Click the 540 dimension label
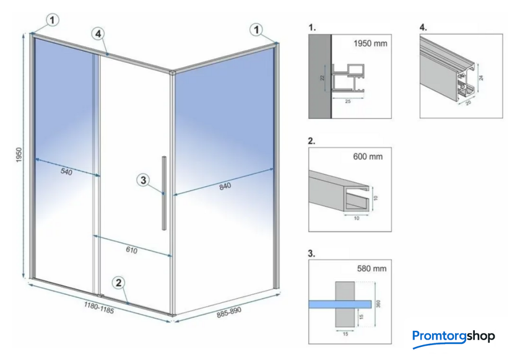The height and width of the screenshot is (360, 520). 66,172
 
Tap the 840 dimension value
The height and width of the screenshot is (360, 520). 225,187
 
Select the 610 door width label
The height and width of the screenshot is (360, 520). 131,250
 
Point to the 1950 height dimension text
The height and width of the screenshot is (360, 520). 19,155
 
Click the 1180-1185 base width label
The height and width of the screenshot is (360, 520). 99,307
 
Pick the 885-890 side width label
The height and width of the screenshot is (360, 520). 229,312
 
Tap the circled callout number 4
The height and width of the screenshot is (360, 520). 98,33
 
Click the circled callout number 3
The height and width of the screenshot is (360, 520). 143,180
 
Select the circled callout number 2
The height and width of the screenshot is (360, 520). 118,283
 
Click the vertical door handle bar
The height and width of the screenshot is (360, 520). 164,193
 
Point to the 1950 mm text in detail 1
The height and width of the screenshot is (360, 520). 370,43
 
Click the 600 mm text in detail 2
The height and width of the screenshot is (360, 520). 368,157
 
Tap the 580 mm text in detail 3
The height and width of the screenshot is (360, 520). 372,268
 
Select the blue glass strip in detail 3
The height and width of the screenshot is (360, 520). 340,304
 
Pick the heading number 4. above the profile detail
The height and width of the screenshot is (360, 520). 423,27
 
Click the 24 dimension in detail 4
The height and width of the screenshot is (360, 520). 481,77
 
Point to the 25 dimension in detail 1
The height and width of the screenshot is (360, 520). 347,101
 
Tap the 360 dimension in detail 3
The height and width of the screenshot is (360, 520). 379,304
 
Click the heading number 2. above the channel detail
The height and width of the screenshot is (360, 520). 311,141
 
